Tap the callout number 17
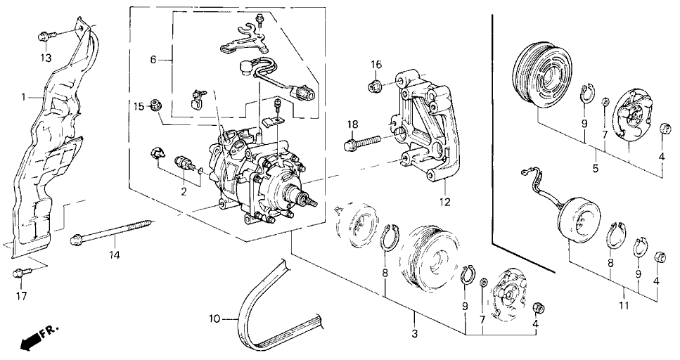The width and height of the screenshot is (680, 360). [x=21, y=296]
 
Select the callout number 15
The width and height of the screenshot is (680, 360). [x=139, y=106]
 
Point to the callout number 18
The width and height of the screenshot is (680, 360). [x=352, y=124]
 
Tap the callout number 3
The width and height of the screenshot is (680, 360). [x=415, y=333]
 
